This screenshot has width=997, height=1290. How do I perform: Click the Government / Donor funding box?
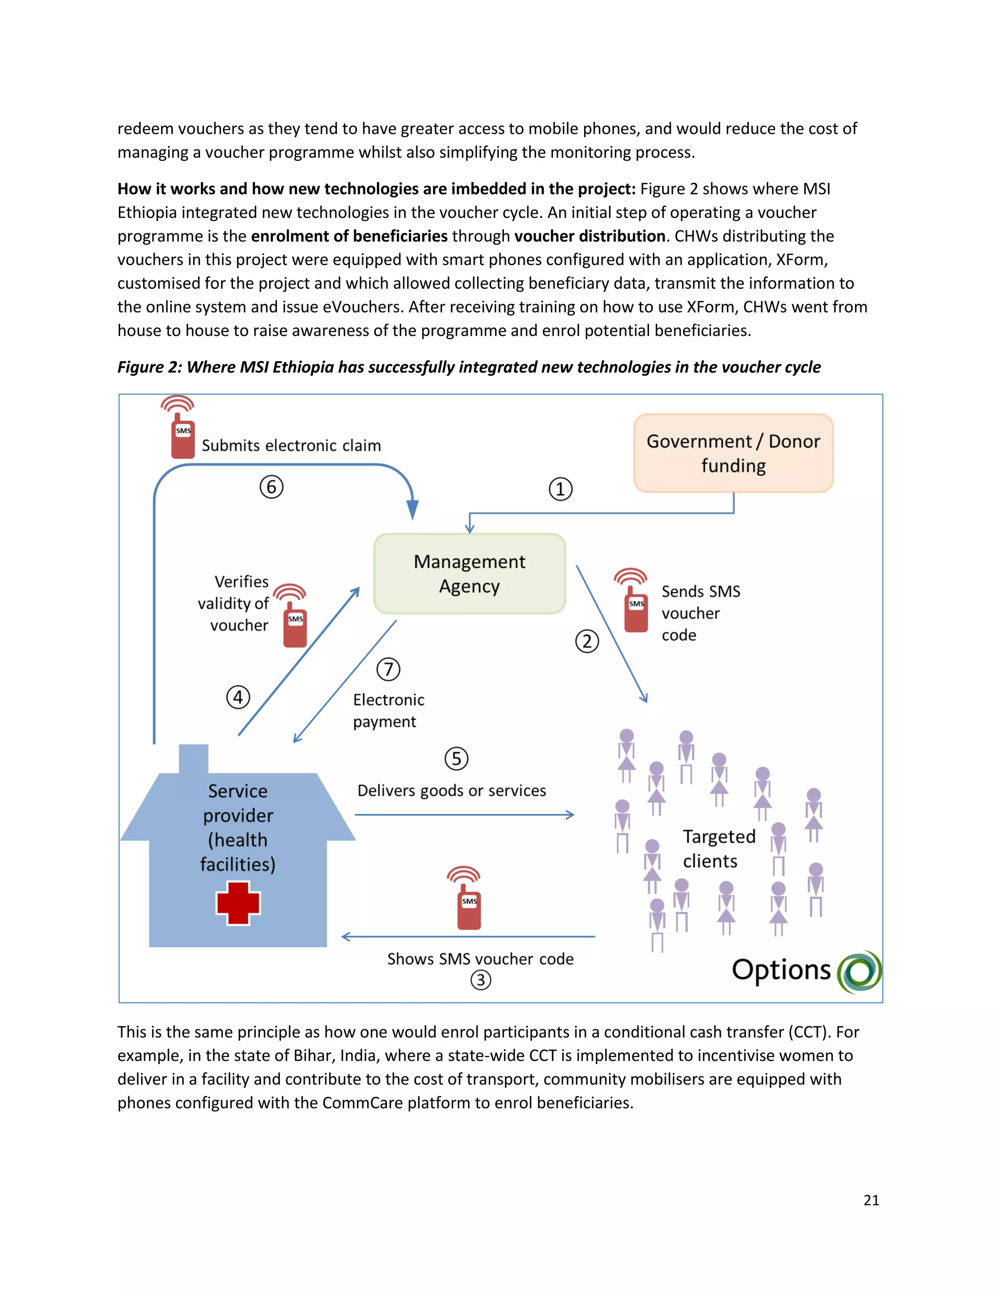pos(733,453)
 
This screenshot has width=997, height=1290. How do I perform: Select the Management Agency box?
pos(470,573)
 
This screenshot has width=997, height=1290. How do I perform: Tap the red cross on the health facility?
pos(238,903)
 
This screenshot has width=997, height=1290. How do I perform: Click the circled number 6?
pos(272,487)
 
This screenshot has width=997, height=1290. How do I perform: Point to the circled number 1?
pos(560,489)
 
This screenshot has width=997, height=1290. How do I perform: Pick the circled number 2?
pos(587,642)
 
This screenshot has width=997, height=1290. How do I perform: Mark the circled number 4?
pos(238,698)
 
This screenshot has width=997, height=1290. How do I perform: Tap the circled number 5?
pos(456,759)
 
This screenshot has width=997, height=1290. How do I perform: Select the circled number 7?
pos(388,670)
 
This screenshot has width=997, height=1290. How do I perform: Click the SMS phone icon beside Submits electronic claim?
pos(182,429)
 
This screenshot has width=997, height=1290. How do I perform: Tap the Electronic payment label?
pos(388,711)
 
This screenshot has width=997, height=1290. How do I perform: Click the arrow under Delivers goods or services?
pos(464,815)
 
